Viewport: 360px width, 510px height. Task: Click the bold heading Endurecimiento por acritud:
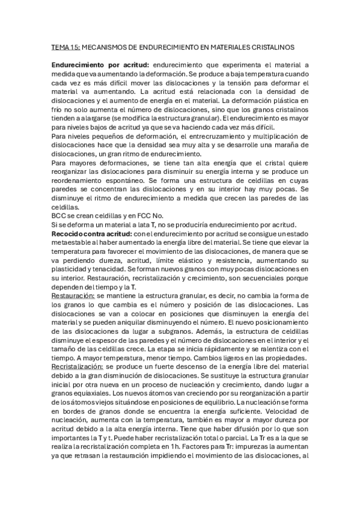click(99, 65)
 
